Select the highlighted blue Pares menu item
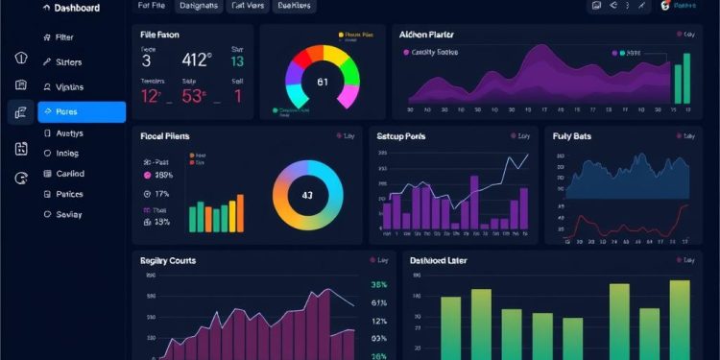tap(81, 112)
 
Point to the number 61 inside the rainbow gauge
tap(323, 82)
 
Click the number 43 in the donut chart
tap(307, 195)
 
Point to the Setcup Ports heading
tap(402, 136)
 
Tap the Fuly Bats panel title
tap(572, 136)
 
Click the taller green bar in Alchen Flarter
tap(685, 78)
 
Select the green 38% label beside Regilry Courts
tap(378, 285)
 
